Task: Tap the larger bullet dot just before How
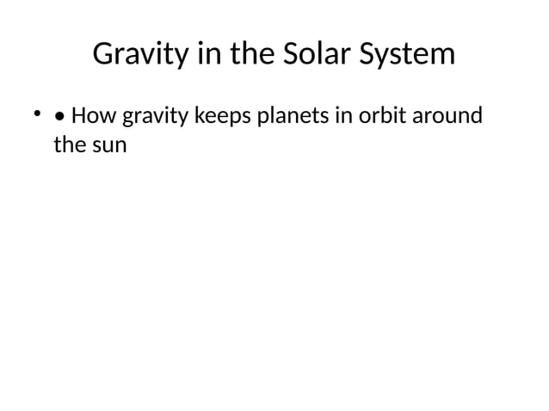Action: tap(59, 116)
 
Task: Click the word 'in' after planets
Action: tap(342, 114)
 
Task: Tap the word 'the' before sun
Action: tap(68, 144)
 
